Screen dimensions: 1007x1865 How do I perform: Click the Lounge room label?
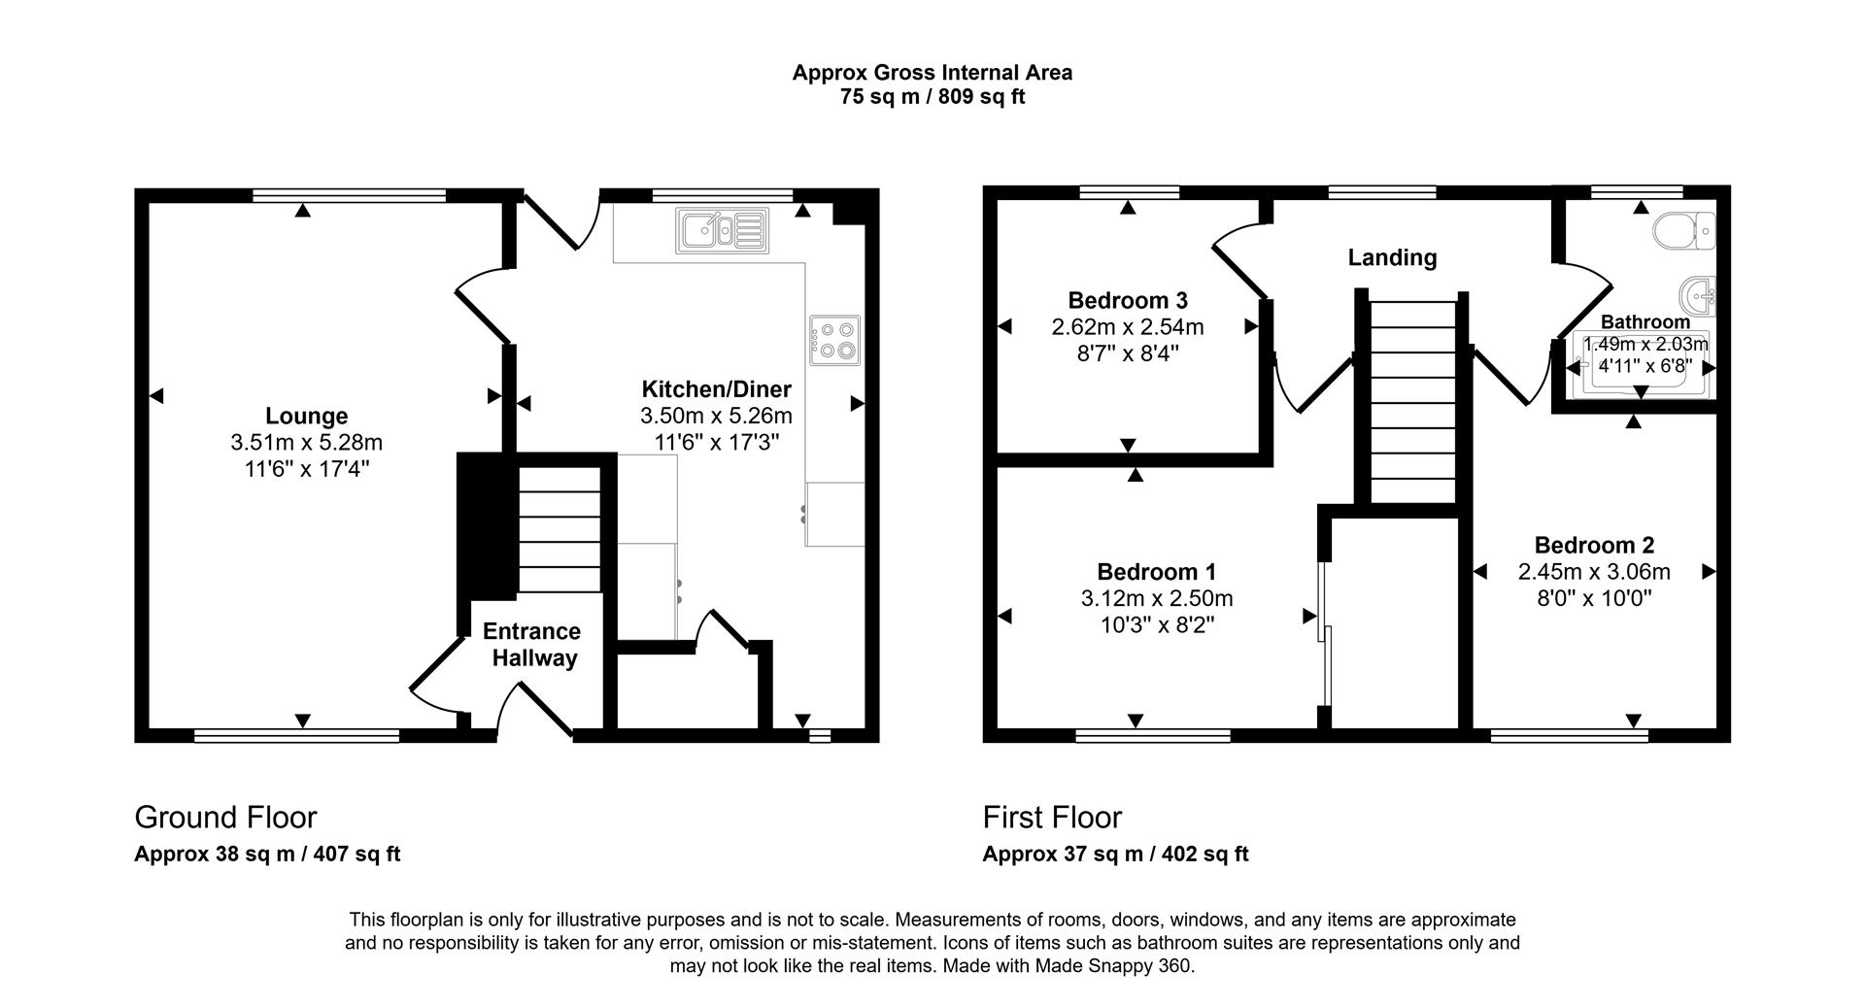coord(306,416)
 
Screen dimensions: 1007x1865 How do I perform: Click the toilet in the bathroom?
coord(1684,231)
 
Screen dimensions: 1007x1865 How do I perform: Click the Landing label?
coord(1392,257)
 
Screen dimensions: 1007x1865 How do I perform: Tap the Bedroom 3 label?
coord(1127,300)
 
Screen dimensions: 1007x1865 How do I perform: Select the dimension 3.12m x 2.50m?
coord(1156,599)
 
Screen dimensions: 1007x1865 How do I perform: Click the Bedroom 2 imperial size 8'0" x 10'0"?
coord(1594,598)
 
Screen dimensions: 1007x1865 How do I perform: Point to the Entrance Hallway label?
coord(532,645)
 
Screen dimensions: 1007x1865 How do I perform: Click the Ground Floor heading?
coord(225,817)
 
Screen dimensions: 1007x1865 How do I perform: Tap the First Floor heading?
coord(1052,817)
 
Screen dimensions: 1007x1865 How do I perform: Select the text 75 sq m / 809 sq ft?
coord(932,97)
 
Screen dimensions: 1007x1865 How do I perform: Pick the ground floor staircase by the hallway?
coord(559,529)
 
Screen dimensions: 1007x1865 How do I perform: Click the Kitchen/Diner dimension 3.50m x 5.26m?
coord(716,416)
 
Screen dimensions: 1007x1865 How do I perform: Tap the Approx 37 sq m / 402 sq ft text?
coord(1115,855)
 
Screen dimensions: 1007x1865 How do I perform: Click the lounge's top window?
coord(350,195)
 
